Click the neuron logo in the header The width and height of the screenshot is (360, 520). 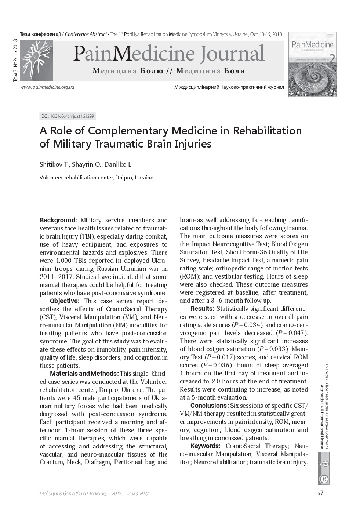pyautogui.click(x=36, y=60)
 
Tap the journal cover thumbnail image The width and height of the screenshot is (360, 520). pyautogui.click(x=312, y=65)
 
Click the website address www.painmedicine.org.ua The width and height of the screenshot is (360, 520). pyautogui.click(x=47, y=87)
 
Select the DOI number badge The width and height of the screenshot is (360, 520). pyautogui.click(x=68, y=116)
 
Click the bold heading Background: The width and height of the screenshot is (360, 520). pyautogui.click(x=58, y=220)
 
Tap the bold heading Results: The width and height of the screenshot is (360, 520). pyautogui.click(x=202, y=309)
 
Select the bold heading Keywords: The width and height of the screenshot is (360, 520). pyautogui.click(x=206, y=446)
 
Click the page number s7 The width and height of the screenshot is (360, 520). pyautogui.click(x=320, y=492)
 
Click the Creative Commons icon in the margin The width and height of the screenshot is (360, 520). pyautogui.click(x=324, y=479)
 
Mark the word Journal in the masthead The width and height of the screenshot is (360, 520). pyautogui.click(x=232, y=54)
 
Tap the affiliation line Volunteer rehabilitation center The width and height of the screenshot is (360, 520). pyautogui.click(x=96, y=178)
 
